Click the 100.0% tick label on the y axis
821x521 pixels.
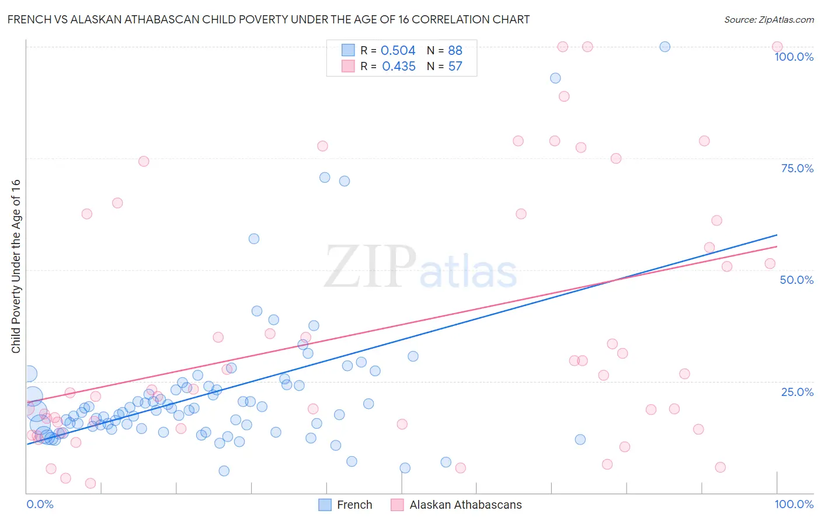(x=794, y=57)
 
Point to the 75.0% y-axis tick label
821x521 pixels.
(x=797, y=168)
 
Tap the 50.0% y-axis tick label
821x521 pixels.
(x=796, y=280)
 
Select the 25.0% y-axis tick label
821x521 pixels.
(x=797, y=392)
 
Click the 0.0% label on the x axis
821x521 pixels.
(x=40, y=504)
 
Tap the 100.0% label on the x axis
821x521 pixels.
(x=794, y=504)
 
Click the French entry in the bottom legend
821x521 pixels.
(x=354, y=505)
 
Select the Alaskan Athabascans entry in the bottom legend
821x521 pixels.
(x=465, y=505)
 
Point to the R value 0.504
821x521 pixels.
(x=398, y=51)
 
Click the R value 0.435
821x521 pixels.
(x=398, y=67)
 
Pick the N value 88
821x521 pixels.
(x=455, y=51)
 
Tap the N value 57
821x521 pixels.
(x=455, y=67)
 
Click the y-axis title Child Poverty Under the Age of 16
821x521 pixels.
(x=16, y=266)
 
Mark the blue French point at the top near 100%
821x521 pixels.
(x=665, y=47)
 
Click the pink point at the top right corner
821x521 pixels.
(x=777, y=47)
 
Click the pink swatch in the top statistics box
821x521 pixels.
(x=348, y=66)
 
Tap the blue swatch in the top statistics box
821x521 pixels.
(x=348, y=50)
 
